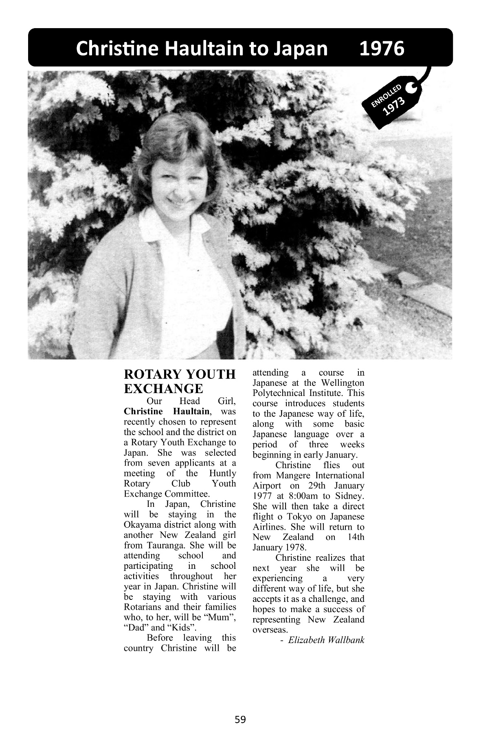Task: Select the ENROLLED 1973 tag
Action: (388, 102)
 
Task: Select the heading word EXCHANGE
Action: (163, 388)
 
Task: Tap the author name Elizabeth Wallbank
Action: (326, 640)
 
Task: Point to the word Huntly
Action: (222, 473)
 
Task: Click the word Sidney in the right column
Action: (349, 496)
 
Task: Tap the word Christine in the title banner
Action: (117, 49)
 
